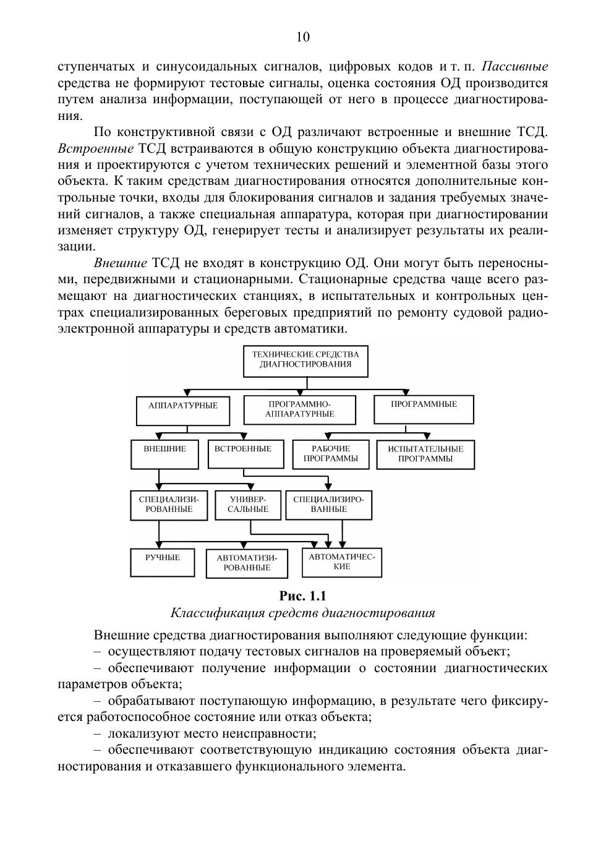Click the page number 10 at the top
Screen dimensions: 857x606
coord(303,37)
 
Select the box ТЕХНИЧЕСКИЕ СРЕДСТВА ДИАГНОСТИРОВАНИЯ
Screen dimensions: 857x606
coord(305,360)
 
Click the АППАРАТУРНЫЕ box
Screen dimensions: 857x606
coord(183,410)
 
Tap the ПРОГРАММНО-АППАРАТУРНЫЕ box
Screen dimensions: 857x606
coord(300,409)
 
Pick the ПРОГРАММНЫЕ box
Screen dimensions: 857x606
coord(424,409)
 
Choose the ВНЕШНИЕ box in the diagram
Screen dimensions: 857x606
coord(164,454)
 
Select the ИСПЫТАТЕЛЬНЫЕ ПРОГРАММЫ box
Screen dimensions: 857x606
coord(425,454)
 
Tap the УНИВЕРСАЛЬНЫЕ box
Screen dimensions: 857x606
coord(247,505)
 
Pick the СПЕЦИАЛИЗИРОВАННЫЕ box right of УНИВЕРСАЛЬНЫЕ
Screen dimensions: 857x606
coord(328,505)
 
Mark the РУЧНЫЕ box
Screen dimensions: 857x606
coord(163,562)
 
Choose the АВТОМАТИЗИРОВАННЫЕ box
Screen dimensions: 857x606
coord(247,563)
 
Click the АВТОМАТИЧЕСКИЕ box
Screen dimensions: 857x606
coord(341,562)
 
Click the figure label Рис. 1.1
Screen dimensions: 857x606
coord(302,596)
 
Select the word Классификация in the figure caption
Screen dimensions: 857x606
coord(207,613)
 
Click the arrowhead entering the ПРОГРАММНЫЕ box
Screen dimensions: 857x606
coord(406,393)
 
